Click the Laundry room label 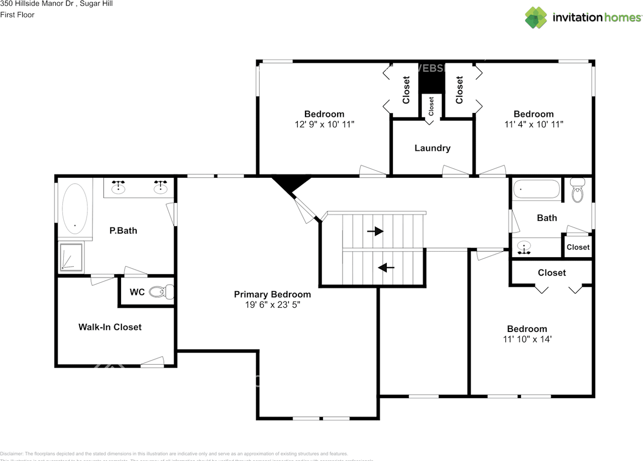[x=432, y=148]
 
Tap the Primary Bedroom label [x=272, y=294]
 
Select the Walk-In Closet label [x=110, y=327]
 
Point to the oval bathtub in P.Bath [x=75, y=208]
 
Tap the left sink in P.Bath [x=118, y=187]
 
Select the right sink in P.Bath [x=161, y=187]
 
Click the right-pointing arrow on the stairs [x=375, y=231]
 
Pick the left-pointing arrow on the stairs [x=386, y=267]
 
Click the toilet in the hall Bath [x=578, y=191]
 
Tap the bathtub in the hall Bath [x=536, y=190]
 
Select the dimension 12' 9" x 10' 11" [x=324, y=124]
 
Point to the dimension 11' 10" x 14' [x=526, y=339]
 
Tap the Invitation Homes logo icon [x=536, y=18]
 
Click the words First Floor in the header [x=18, y=15]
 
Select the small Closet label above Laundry [x=431, y=106]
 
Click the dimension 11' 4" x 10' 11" [x=533, y=124]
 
